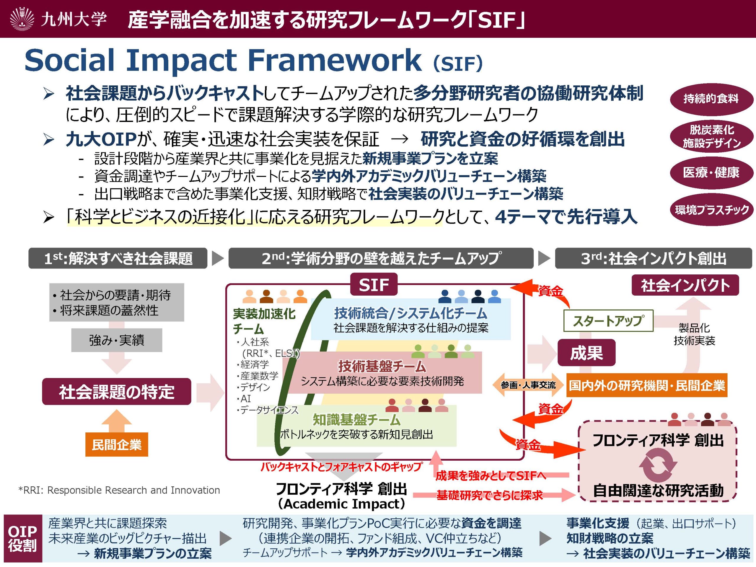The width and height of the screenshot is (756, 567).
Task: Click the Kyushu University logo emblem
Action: [x=22, y=19]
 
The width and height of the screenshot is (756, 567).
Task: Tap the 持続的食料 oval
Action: [x=711, y=99]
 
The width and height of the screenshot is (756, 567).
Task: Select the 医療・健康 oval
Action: [x=711, y=172]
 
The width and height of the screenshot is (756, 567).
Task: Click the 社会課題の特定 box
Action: [x=117, y=391]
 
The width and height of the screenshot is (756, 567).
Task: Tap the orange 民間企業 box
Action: [x=117, y=444]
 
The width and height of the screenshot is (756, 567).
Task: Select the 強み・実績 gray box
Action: [x=117, y=340]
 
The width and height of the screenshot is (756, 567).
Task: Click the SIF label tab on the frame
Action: [x=374, y=284]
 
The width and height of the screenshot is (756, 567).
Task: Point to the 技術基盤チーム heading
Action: [x=382, y=366]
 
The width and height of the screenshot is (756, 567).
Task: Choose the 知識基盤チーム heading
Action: [x=356, y=419]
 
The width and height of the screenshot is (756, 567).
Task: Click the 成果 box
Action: [x=586, y=353]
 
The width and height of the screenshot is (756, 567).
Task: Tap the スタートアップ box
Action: [x=608, y=321]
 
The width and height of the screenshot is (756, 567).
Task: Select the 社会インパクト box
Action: [x=685, y=285]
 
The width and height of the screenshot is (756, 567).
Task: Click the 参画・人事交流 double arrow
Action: [x=528, y=385]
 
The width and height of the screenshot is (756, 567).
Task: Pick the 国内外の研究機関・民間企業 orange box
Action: [x=647, y=385]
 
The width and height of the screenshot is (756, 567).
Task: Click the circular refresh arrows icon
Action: [x=658, y=465]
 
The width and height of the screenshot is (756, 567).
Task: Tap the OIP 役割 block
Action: [x=22, y=538]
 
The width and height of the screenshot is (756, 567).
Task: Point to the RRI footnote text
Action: [x=119, y=490]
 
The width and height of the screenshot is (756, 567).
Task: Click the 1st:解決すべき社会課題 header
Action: [x=118, y=258]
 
